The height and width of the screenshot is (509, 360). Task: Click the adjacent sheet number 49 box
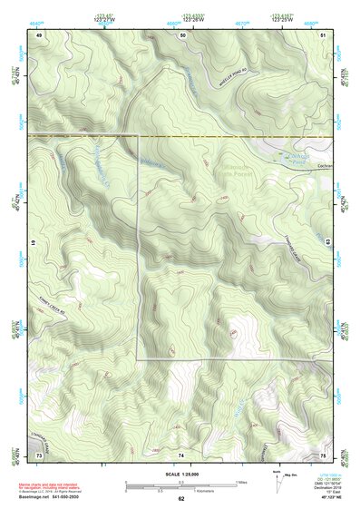coord(39,34)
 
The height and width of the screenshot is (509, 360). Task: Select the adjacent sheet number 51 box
coord(324,34)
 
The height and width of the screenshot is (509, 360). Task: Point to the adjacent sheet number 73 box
coord(39,453)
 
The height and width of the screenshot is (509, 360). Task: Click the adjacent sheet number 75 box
coord(324,453)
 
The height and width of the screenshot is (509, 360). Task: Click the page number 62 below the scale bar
coord(181,498)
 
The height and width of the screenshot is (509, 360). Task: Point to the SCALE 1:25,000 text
coord(181,475)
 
